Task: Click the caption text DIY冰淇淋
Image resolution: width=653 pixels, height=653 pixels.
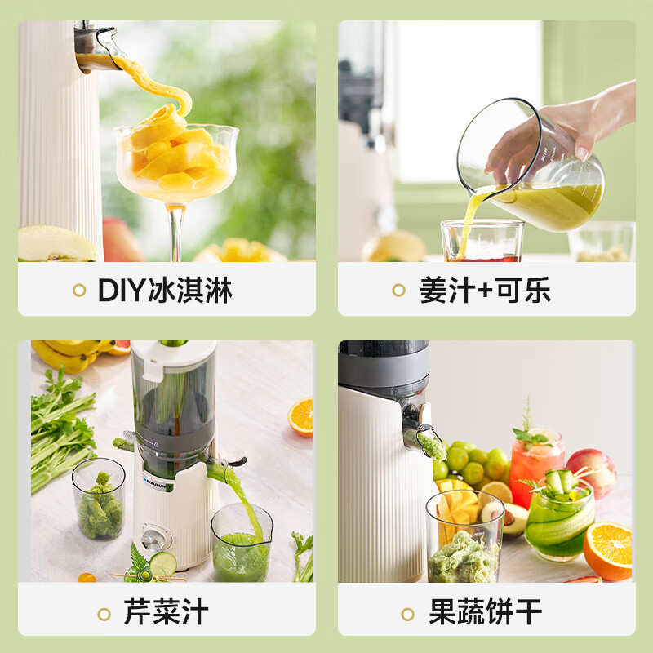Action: click(165, 290)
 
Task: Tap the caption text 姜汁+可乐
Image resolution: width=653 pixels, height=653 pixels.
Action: click(485, 290)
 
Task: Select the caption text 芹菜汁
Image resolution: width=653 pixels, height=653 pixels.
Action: click(166, 612)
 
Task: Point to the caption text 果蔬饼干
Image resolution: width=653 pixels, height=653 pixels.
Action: click(485, 612)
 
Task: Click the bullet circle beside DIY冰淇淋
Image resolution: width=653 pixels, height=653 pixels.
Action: click(79, 290)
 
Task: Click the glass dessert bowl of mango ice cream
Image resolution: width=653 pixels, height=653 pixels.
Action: click(175, 163)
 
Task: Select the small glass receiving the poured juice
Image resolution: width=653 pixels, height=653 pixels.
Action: click(482, 241)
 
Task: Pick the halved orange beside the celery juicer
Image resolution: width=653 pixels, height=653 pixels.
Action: click(300, 416)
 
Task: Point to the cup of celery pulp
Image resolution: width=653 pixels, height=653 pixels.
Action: click(99, 500)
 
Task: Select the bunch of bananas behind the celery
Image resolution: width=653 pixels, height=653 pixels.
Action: click(69, 356)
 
